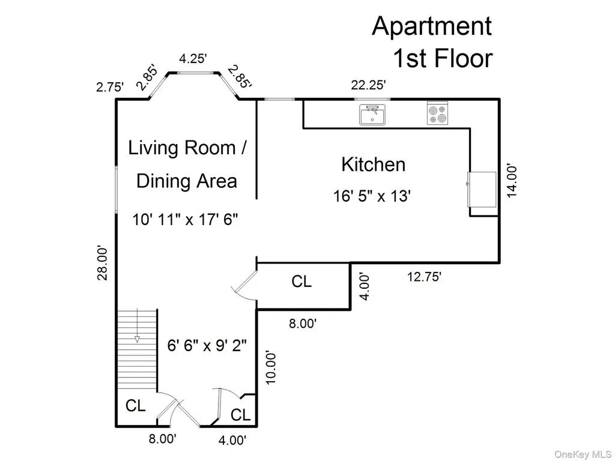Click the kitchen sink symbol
pyautogui.click(x=372, y=115)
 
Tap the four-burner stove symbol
pyautogui.click(x=437, y=113)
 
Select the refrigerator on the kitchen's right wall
pyautogui.click(x=482, y=189)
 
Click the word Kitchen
pyautogui.click(x=373, y=164)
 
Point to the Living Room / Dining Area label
pyautogui.click(x=187, y=164)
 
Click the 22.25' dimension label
pyautogui.click(x=368, y=85)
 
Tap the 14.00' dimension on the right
pyautogui.click(x=512, y=181)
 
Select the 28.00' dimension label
pyautogui.click(x=102, y=263)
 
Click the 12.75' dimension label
pyautogui.click(x=424, y=277)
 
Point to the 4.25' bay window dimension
pyautogui.click(x=193, y=58)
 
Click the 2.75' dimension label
pyautogui.click(x=111, y=86)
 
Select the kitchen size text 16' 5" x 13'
pyautogui.click(x=372, y=196)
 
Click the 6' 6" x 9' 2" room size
pyautogui.click(x=207, y=345)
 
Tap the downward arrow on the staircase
pyautogui.click(x=138, y=326)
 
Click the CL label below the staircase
pyautogui.click(x=135, y=405)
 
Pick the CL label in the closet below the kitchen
pyautogui.click(x=301, y=281)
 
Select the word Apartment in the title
pyautogui.click(x=432, y=26)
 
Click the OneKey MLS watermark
pyautogui.click(x=583, y=454)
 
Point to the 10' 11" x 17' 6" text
pyautogui.click(x=185, y=219)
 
